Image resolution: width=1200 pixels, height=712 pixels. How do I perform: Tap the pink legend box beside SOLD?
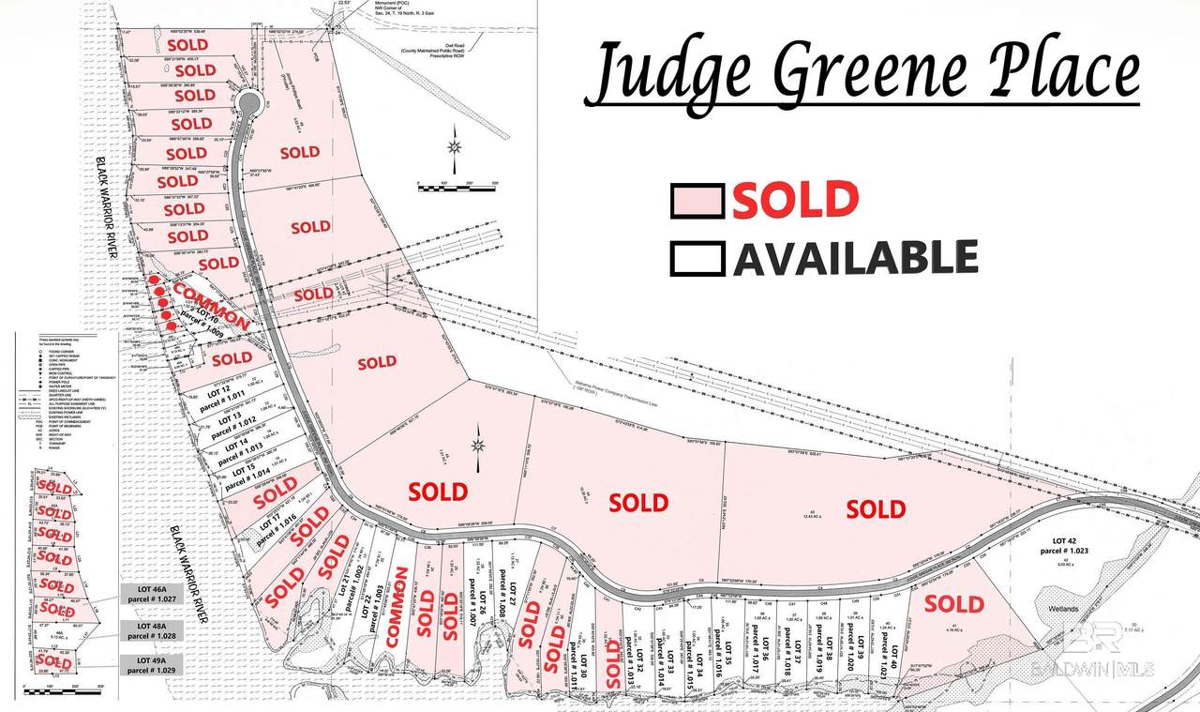point(697,201)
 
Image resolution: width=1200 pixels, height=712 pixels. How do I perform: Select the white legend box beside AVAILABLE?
point(697,258)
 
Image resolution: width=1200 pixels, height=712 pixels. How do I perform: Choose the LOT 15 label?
point(237,468)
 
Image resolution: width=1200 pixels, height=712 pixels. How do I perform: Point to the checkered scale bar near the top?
point(454,188)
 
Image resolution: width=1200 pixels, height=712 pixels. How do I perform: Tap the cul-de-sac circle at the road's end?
point(248,101)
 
